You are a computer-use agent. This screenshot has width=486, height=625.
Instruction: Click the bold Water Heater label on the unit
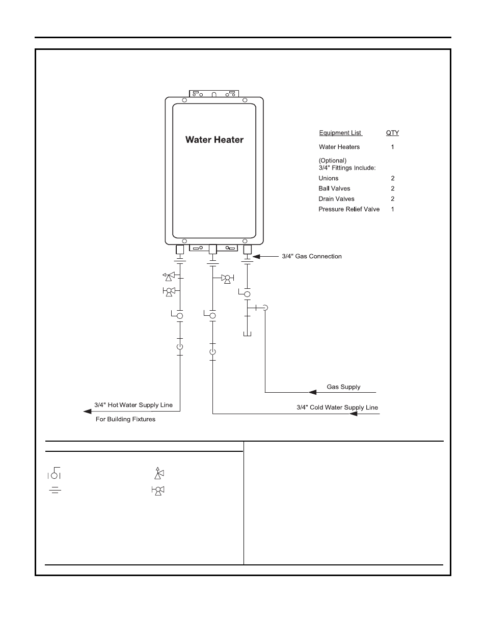(x=214, y=140)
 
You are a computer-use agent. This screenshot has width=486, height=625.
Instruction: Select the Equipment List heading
(x=340, y=133)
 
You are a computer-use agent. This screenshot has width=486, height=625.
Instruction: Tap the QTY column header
(x=392, y=133)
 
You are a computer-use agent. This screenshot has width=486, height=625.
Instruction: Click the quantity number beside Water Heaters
(x=392, y=147)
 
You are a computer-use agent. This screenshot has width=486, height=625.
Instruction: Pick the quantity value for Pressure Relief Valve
(x=392, y=209)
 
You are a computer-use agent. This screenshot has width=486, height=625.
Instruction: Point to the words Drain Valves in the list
(x=336, y=199)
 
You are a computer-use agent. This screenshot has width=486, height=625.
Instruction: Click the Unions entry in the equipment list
(x=329, y=178)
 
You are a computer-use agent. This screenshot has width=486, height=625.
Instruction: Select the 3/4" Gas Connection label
(x=312, y=256)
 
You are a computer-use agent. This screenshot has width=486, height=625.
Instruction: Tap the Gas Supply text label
(x=343, y=387)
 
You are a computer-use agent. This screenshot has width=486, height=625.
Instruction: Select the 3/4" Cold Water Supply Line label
(x=337, y=407)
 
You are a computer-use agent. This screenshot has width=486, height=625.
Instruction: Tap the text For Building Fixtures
(x=126, y=419)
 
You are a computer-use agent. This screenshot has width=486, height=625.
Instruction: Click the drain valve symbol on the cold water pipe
(x=226, y=278)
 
